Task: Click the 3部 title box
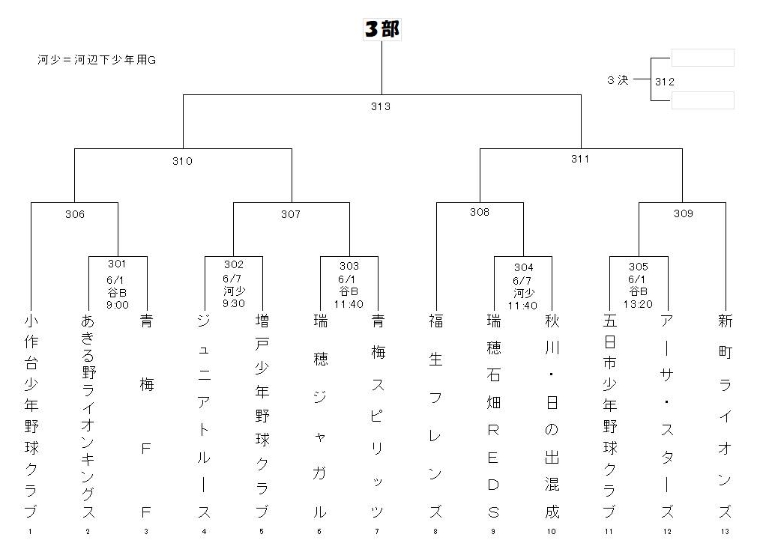(382, 29)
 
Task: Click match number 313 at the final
(381, 106)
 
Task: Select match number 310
(182, 161)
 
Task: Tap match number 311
(580, 160)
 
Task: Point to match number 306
(75, 214)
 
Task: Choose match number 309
(683, 213)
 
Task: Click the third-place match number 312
(664, 82)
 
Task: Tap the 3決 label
(618, 79)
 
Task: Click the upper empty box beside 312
(703, 58)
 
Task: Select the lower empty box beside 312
(703, 100)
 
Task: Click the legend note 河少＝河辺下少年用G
(97, 60)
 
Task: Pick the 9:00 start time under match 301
(118, 305)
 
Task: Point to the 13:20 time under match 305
(638, 304)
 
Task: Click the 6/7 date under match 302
(232, 279)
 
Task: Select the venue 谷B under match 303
(349, 291)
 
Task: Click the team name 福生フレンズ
(435, 416)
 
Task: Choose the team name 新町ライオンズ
(725, 416)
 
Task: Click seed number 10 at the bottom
(552, 532)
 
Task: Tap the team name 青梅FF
(146, 416)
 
